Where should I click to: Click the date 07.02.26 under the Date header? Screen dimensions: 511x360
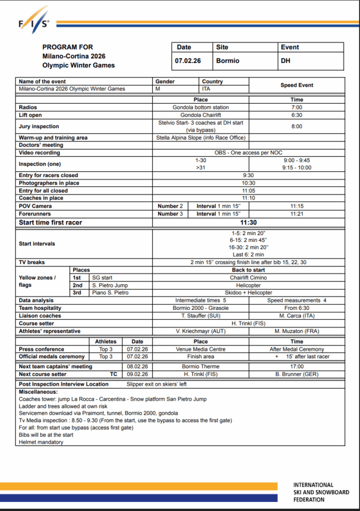tap(187, 61)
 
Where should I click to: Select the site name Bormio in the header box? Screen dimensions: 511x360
tap(228, 61)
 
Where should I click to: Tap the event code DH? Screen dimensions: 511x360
tap(286, 61)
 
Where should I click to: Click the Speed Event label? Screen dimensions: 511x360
tap(297, 85)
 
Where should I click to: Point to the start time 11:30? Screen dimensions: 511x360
tap(248, 223)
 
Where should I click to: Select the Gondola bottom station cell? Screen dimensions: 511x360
tap(201, 107)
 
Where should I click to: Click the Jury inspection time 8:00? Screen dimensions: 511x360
tap(297, 126)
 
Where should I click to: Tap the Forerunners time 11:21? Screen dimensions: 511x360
tap(297, 214)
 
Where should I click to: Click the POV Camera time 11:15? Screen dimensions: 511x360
tap(297, 206)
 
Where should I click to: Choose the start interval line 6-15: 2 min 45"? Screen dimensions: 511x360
tap(248, 240)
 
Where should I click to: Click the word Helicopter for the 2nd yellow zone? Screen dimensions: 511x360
tap(248, 285)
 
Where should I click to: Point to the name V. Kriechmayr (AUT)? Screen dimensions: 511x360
tap(201, 331)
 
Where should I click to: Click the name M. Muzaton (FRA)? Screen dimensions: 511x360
tap(297, 331)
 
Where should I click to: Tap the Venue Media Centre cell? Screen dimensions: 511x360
tap(201, 349)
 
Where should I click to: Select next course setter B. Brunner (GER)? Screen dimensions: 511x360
tap(297, 374)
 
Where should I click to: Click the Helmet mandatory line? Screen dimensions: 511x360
tap(41, 442)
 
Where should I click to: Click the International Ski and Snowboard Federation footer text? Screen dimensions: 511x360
tap(321, 492)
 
